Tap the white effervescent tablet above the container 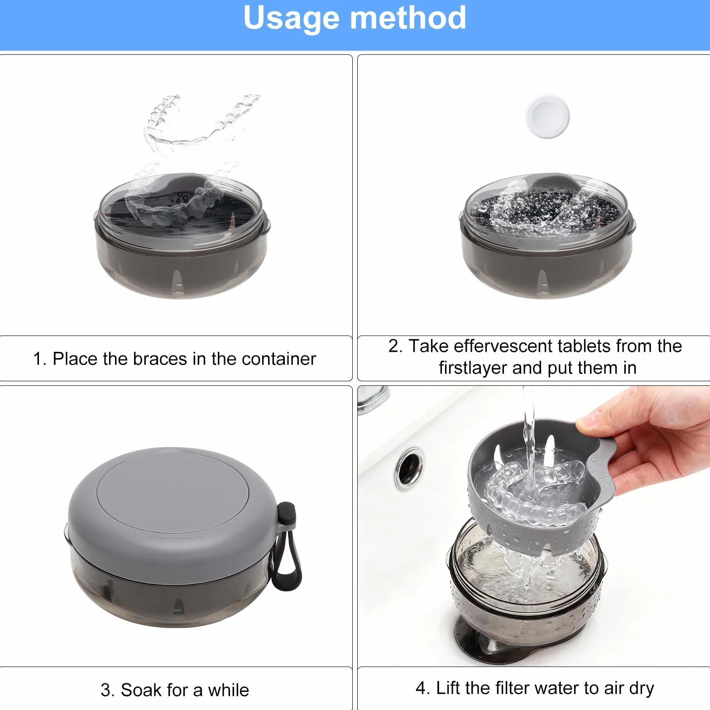pos(547,116)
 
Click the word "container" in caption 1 pos(278,359)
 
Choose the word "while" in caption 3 pos(228,690)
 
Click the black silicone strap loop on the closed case pos(286,548)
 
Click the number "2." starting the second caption pos(395,346)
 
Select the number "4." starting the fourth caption pos(423,688)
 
